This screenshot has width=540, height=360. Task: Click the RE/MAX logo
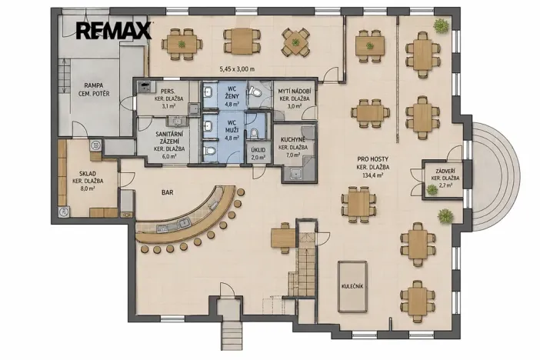[x=114, y=30]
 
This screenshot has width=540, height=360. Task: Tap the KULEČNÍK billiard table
[x=352, y=287]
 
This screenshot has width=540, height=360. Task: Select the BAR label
[x=168, y=192]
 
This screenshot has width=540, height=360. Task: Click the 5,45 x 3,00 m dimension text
[x=237, y=69]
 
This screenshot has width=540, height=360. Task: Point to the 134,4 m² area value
[x=373, y=175]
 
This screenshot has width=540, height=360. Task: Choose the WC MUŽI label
[x=232, y=125]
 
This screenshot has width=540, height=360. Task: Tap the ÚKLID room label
[x=258, y=150]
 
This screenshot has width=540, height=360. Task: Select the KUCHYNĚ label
[x=293, y=139]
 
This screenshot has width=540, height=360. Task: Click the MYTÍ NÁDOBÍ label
[x=295, y=92]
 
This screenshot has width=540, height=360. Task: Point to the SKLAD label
[x=88, y=174]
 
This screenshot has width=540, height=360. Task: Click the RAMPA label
[x=94, y=85]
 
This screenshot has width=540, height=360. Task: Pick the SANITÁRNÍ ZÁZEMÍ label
[x=169, y=138]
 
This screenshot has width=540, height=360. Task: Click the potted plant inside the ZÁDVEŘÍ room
[x=432, y=189]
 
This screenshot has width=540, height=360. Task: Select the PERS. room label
[x=168, y=92]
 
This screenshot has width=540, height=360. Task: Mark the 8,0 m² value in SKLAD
[x=88, y=188]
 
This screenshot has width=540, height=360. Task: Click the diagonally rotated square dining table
[x=295, y=42]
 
